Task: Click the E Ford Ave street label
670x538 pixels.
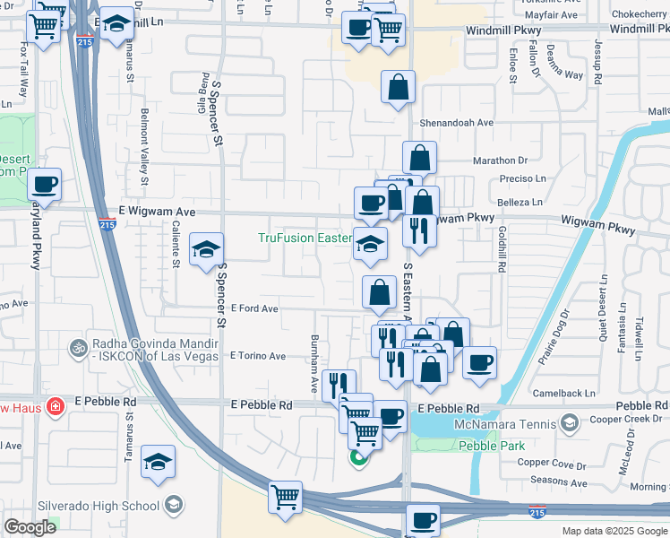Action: click(254, 308)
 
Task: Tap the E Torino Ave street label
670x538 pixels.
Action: click(257, 356)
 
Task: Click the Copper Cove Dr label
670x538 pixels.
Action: click(551, 464)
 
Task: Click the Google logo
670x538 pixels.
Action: click(30, 526)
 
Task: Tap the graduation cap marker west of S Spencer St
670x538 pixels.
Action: click(206, 250)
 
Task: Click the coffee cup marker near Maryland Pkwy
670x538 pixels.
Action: click(44, 185)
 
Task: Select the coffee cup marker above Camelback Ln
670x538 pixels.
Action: click(480, 362)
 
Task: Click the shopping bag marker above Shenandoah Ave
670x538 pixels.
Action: click(399, 88)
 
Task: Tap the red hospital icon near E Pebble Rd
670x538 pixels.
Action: click(55, 406)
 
